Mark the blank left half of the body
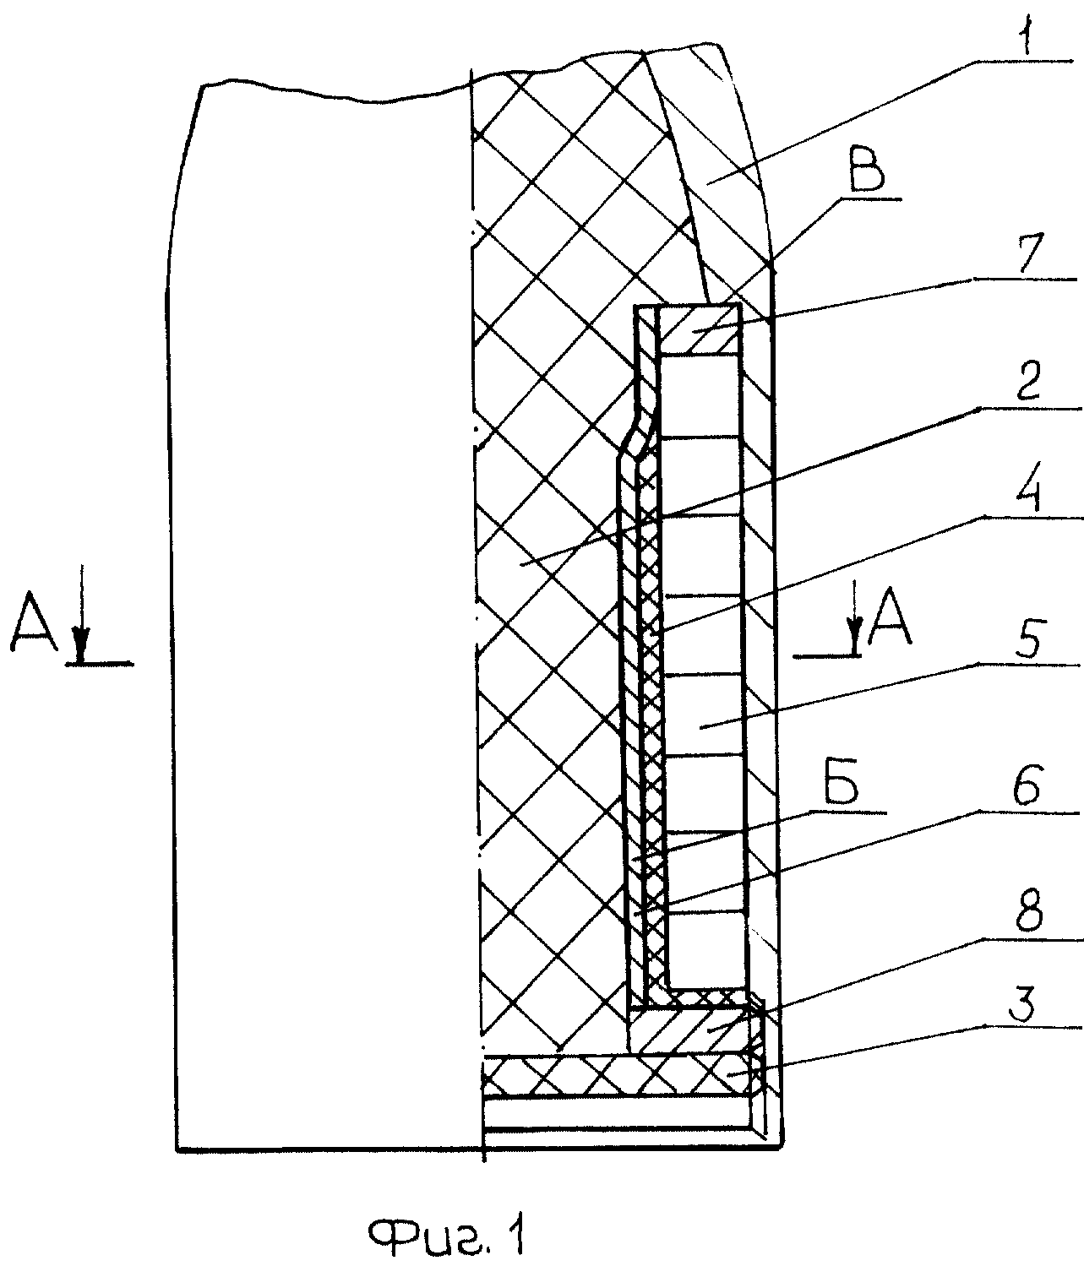(324, 612)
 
